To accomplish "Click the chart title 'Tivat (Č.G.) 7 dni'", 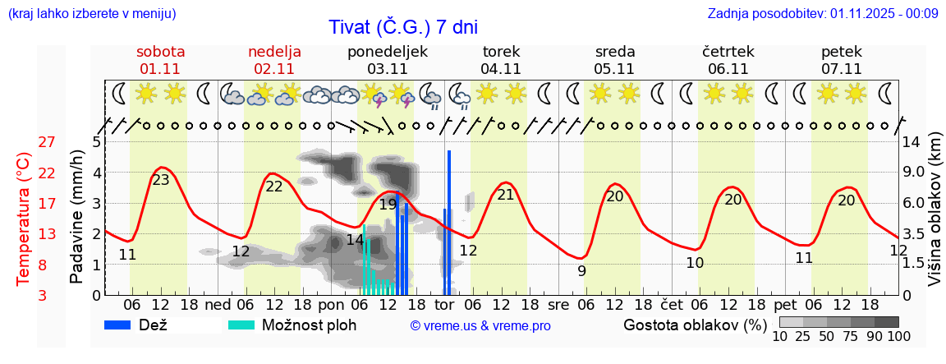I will point(402,27).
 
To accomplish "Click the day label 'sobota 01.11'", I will point(160,60).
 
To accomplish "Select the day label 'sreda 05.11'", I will point(615,60).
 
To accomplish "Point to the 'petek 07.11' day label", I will point(842,60).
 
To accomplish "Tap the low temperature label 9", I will point(581,270).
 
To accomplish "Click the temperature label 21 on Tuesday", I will point(505,195).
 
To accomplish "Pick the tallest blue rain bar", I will point(449,222).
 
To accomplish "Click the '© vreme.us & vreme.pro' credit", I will point(480,326).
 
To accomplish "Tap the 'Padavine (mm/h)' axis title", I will point(77,217).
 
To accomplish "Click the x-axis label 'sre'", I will point(559,303).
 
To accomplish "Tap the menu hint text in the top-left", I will point(91,13).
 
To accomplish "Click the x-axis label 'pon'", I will point(332,303).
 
